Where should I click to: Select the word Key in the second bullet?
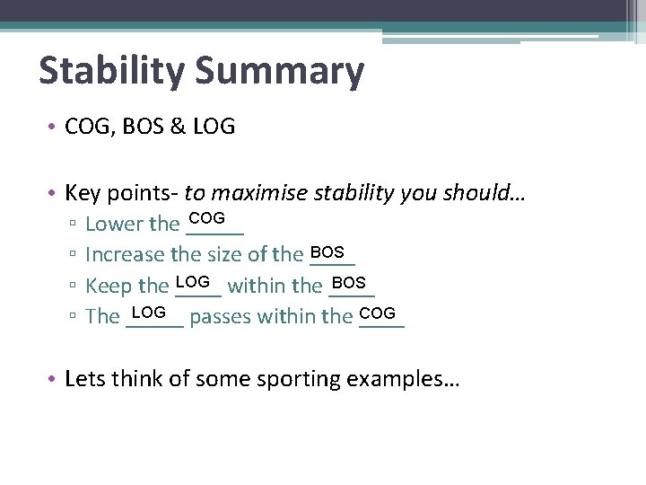[83, 192]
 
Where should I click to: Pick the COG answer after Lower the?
[207, 218]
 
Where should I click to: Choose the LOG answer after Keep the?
[193, 281]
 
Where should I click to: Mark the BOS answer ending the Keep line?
[348, 282]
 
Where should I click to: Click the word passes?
[220, 317]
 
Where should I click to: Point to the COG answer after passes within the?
[377, 312]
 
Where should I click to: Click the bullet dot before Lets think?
[54, 380]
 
